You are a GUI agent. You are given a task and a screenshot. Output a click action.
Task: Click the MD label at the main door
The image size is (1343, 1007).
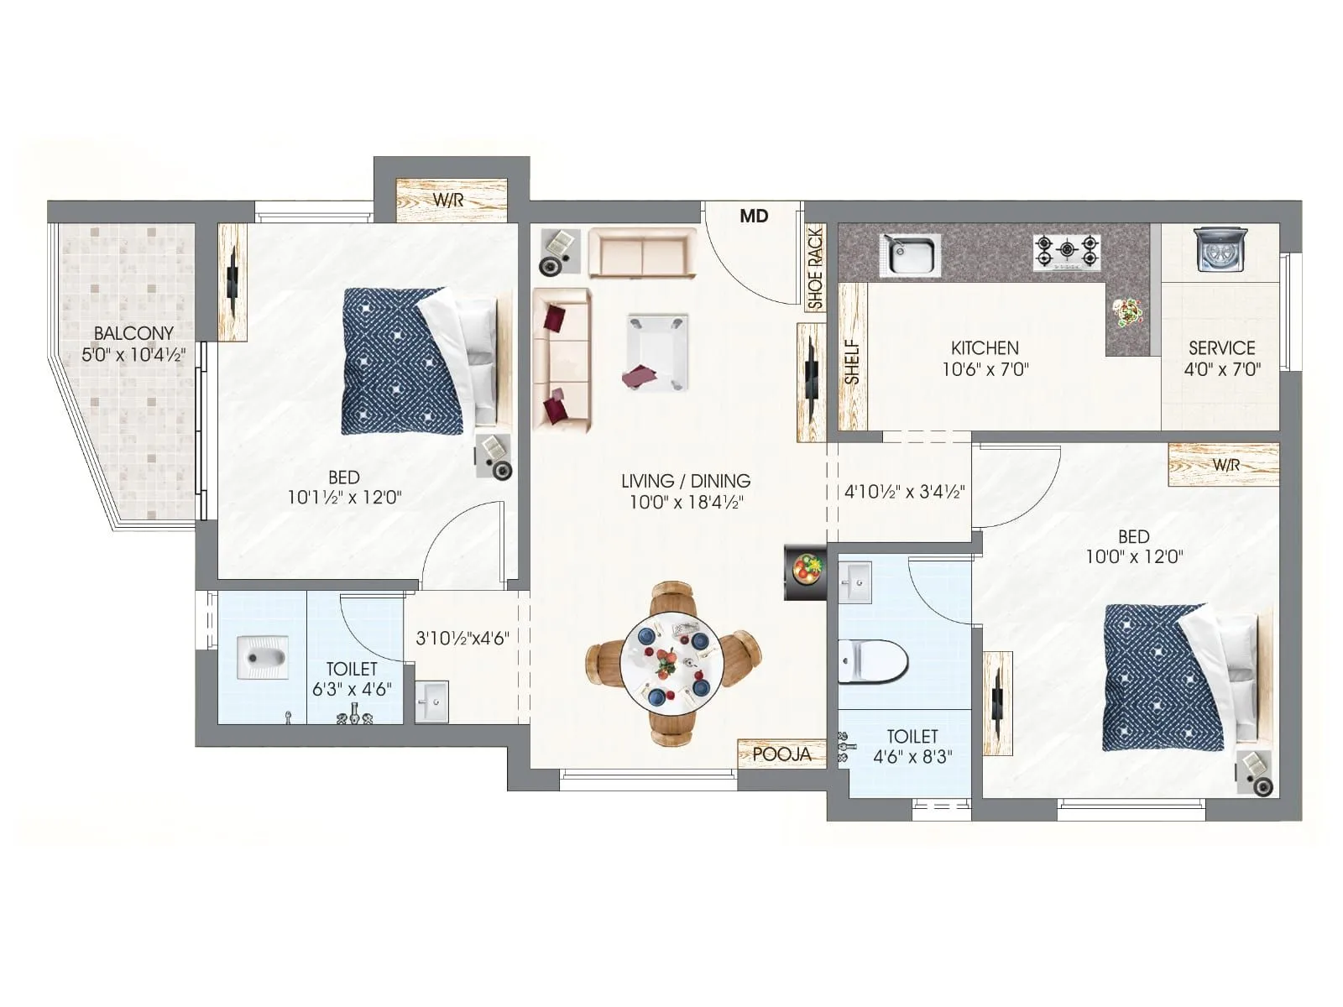(754, 217)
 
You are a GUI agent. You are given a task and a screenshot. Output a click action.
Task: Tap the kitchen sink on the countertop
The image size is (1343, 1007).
(911, 253)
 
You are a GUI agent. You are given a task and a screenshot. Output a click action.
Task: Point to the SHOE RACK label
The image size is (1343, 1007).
(815, 269)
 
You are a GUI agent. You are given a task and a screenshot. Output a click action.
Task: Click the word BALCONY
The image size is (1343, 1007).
(133, 333)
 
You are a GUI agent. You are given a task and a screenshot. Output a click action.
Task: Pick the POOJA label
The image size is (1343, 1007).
(781, 754)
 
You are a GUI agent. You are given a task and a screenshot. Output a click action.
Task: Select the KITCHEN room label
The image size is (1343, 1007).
(985, 347)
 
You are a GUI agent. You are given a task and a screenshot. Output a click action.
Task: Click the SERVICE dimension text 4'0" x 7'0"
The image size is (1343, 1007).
(1221, 369)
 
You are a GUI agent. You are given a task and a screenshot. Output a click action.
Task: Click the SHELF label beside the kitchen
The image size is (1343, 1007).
(853, 362)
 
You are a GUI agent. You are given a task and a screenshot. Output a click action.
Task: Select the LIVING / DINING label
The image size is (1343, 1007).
(686, 481)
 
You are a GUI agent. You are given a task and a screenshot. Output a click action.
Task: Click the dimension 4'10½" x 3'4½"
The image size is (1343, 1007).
(904, 492)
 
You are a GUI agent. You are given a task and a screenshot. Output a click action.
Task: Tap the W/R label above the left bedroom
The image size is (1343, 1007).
(448, 201)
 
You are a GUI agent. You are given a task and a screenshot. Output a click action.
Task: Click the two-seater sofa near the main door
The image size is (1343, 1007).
(642, 252)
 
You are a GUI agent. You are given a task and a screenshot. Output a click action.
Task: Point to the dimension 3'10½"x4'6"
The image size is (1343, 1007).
(462, 638)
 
